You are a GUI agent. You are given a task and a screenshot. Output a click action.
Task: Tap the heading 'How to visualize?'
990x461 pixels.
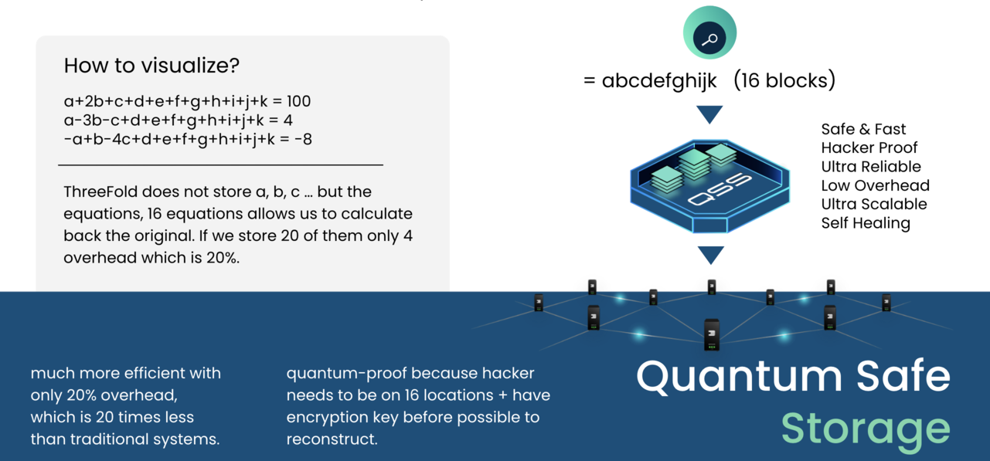(151, 66)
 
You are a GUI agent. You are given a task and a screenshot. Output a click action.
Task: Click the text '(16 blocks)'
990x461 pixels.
(784, 80)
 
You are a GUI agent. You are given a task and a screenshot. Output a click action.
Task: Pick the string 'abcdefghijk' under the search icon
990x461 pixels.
(660, 80)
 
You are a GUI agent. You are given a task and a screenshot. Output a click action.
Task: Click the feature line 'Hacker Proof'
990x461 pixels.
(869, 147)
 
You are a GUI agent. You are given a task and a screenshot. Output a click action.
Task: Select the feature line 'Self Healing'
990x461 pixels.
(866, 223)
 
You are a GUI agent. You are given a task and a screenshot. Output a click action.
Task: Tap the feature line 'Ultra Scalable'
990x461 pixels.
(874, 205)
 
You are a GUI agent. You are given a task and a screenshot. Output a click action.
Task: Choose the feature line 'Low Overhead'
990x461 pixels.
(876, 185)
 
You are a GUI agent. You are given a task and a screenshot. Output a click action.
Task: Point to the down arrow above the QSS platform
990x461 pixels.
(709, 114)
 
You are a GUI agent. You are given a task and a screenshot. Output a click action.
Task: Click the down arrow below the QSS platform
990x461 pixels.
(710, 254)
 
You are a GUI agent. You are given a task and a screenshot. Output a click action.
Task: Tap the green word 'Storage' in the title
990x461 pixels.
(865, 429)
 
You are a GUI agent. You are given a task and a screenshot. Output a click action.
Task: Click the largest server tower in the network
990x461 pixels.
(712, 334)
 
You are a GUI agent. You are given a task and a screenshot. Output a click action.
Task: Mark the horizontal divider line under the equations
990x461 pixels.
(220, 164)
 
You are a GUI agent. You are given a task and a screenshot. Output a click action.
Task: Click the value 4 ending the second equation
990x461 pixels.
(287, 120)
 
